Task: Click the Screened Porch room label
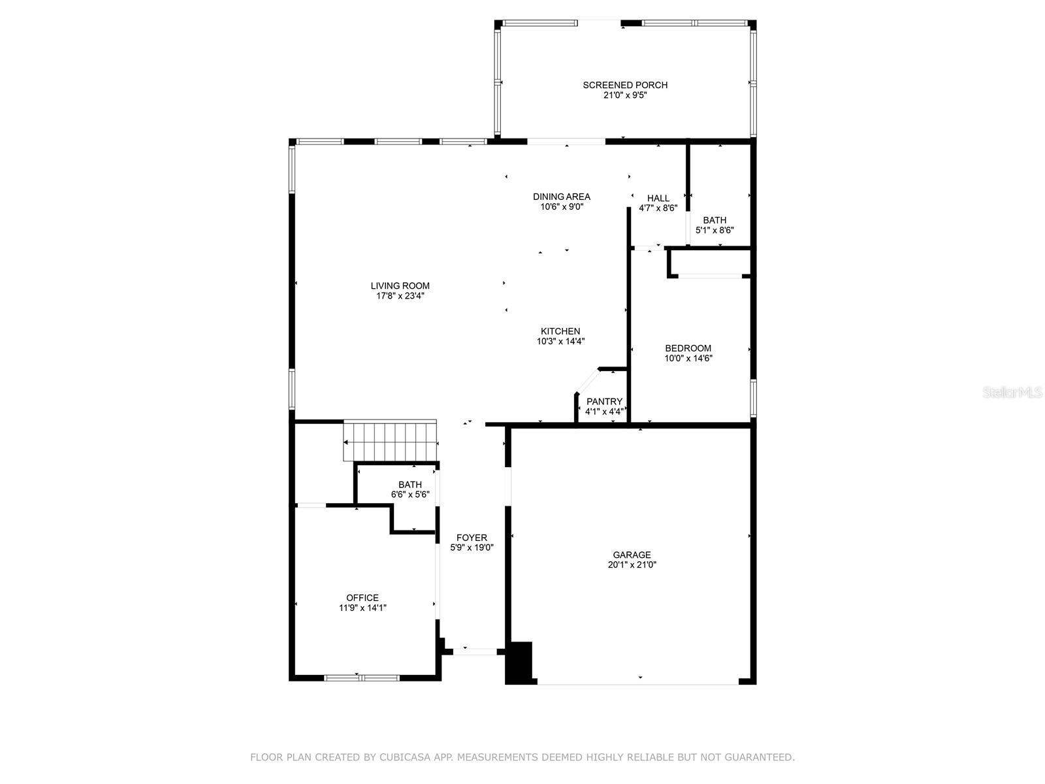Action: pyautogui.click(x=625, y=85)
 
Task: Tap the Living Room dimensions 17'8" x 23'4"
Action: pyautogui.click(x=400, y=296)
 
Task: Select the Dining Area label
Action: pyautogui.click(x=561, y=197)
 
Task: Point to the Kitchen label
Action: pyautogui.click(x=560, y=331)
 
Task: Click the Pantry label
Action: pyautogui.click(x=604, y=402)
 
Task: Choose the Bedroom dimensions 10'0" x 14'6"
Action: pyautogui.click(x=688, y=358)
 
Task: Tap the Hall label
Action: pyautogui.click(x=658, y=199)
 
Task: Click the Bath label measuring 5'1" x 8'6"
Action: pyautogui.click(x=715, y=220)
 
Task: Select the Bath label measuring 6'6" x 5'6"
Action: pyautogui.click(x=410, y=485)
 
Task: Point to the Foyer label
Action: pyautogui.click(x=472, y=538)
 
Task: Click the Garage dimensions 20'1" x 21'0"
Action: pyautogui.click(x=632, y=565)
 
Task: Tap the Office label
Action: pyautogui.click(x=362, y=598)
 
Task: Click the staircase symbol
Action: pyautogui.click(x=390, y=442)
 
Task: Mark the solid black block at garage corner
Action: pyautogui.click(x=520, y=662)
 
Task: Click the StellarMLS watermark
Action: pyautogui.click(x=1012, y=393)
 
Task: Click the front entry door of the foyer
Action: pyautogui.click(x=475, y=651)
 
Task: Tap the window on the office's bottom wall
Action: pyautogui.click(x=362, y=678)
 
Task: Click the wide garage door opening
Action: pyautogui.click(x=637, y=683)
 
